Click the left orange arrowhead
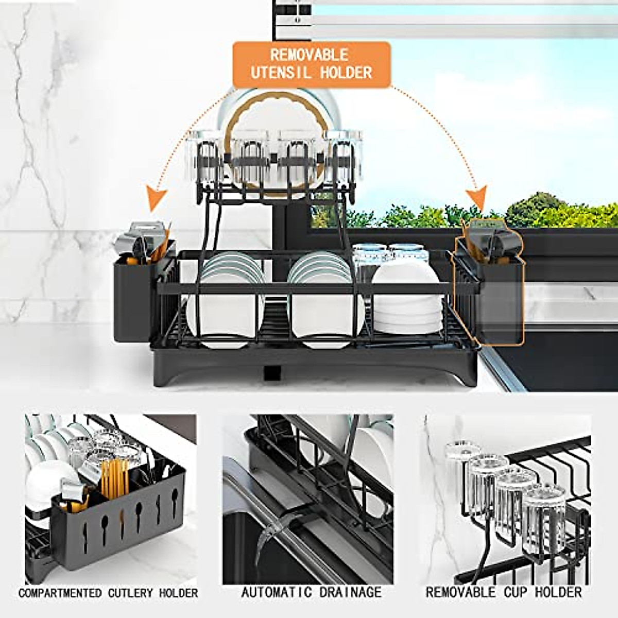tap(157, 199)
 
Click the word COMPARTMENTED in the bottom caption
tap(60, 593)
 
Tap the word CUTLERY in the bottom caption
tap(131, 593)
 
